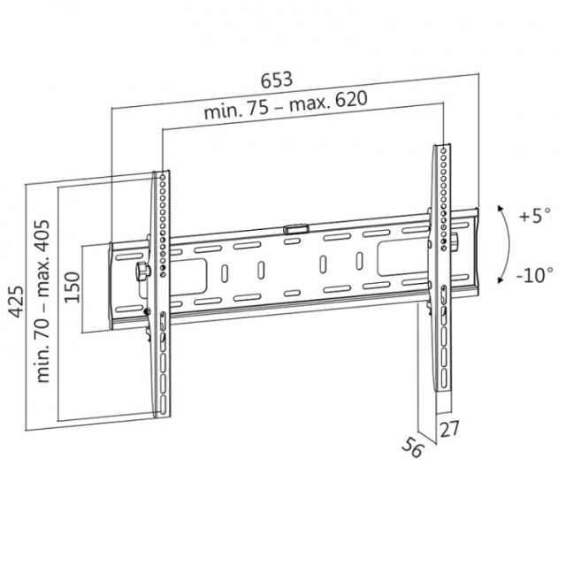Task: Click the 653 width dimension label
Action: point(277,80)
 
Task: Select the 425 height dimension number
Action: point(17,302)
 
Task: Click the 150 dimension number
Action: point(72,287)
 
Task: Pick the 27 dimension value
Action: point(449,429)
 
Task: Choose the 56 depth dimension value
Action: point(412,447)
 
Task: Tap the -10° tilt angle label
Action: point(534,275)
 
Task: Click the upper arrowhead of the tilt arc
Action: point(500,209)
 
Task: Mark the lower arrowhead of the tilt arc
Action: point(501,279)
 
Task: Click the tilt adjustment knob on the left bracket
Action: point(142,271)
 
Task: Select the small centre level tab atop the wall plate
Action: point(295,229)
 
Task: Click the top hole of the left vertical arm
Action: point(162,177)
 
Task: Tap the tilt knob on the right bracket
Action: point(456,241)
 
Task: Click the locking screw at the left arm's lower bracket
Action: point(147,310)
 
